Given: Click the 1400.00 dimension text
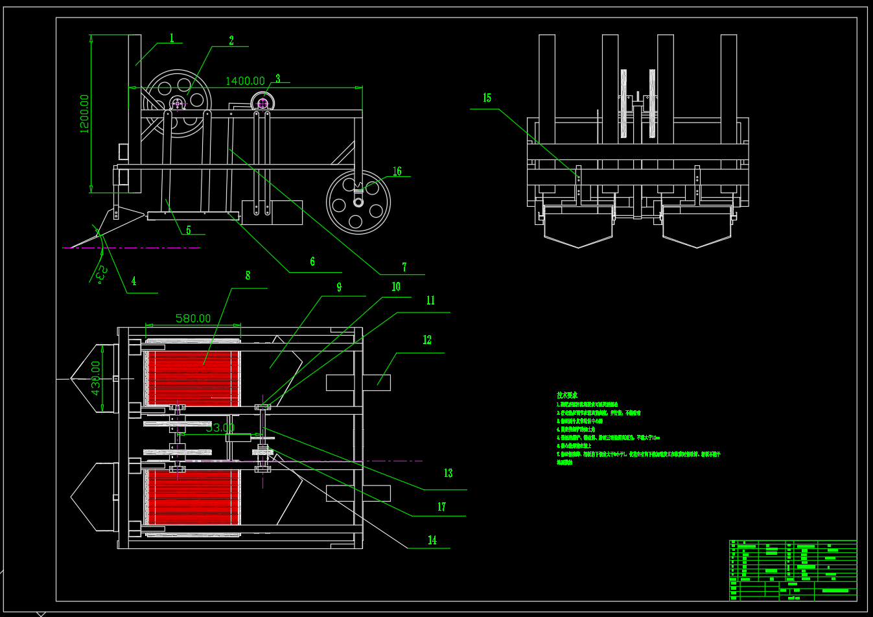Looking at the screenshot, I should pyautogui.click(x=245, y=81).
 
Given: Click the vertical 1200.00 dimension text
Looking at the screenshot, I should pyautogui.click(x=84, y=114).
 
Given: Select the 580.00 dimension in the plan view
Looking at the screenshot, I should pyautogui.click(x=193, y=318).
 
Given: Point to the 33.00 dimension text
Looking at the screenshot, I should pyautogui.click(x=220, y=428).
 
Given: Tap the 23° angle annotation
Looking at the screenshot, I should pyautogui.click(x=100, y=274).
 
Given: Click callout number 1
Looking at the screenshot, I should pyautogui.click(x=172, y=38).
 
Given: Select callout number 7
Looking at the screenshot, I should pyautogui.click(x=404, y=267).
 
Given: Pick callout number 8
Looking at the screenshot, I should pyautogui.click(x=248, y=275).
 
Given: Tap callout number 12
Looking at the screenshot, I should pyautogui.click(x=426, y=340).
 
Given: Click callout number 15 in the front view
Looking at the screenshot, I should pyautogui.click(x=487, y=98).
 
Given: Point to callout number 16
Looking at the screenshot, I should pyautogui.click(x=397, y=171).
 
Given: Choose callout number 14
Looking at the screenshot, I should pyautogui.click(x=432, y=540).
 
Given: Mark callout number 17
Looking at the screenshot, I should pyautogui.click(x=441, y=507).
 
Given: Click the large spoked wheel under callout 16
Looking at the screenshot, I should pyautogui.click(x=358, y=202).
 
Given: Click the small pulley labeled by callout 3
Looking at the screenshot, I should pyautogui.click(x=263, y=103).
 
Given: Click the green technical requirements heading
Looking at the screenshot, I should pyautogui.click(x=567, y=395).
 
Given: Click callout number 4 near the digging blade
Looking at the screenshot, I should pyautogui.click(x=134, y=281).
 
